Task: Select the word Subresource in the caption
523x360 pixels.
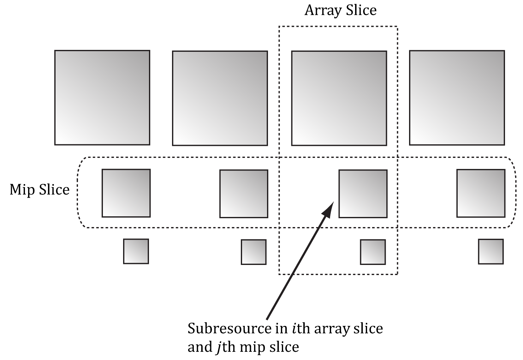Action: point(229,328)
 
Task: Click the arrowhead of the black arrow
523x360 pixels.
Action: point(329,209)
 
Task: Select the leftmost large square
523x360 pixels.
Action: point(102,98)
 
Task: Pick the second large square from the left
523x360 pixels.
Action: point(220,98)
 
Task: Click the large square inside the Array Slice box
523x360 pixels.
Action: point(339,98)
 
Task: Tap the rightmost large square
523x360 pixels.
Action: point(457,98)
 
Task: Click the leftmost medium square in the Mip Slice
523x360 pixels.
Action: point(126,193)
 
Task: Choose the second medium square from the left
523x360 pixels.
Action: point(244,194)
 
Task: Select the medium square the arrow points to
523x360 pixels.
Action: point(363,194)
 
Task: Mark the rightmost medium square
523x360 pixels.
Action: point(481,194)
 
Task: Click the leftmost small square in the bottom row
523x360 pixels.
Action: point(136,251)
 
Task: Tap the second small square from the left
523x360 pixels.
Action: point(254,252)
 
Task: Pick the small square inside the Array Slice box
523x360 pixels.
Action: point(373,252)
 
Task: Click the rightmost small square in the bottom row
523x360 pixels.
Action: point(491,251)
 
